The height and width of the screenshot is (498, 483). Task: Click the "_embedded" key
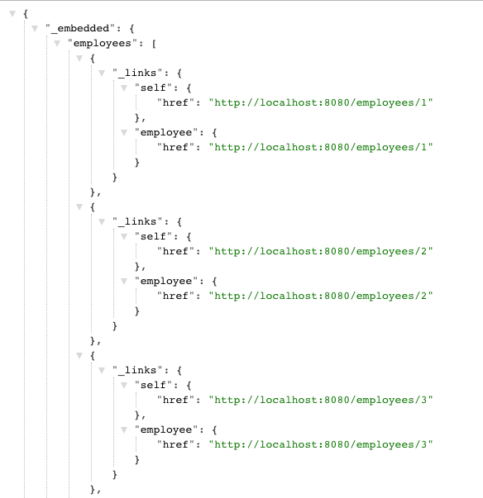80,29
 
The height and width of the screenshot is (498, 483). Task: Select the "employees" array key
102,44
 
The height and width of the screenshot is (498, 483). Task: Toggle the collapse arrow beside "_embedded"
35,29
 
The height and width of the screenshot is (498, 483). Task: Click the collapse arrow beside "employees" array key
57,44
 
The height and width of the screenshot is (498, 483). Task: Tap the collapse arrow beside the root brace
12,14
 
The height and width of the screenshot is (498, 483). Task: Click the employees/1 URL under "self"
321,103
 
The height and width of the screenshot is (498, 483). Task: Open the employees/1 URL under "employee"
321,147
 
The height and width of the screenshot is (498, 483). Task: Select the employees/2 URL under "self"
321,252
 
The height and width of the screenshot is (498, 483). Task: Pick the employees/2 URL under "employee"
321,296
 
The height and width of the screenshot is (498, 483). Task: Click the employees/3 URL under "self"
321,401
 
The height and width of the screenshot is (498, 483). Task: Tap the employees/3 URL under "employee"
321,444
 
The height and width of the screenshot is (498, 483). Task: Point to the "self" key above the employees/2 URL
153,237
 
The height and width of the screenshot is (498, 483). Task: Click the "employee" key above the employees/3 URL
166,430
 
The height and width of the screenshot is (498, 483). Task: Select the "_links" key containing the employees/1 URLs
137,73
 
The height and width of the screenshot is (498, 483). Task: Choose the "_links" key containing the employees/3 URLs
137,370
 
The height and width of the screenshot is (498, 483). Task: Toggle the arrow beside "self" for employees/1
124,88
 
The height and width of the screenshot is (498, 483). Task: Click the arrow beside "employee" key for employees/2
124,282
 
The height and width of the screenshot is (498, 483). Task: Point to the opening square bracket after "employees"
154,44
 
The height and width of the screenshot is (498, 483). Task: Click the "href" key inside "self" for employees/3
175,401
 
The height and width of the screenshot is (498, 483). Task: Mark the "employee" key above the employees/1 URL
166,133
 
